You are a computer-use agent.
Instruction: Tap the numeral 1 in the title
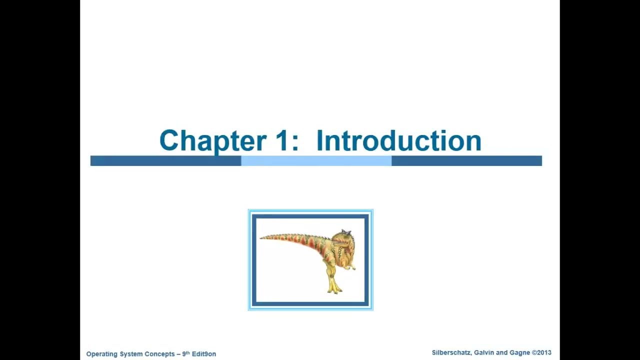click(x=281, y=141)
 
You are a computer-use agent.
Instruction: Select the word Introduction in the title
click(x=398, y=141)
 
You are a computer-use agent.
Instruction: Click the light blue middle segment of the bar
click(x=316, y=160)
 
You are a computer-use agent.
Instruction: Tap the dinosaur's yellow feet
click(x=334, y=288)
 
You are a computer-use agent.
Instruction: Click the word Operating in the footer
click(x=101, y=354)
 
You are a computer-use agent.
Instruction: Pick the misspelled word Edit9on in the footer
click(x=204, y=354)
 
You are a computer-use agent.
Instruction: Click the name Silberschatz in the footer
click(x=450, y=353)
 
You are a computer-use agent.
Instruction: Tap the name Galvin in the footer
click(x=483, y=353)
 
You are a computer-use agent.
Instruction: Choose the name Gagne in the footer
click(x=519, y=353)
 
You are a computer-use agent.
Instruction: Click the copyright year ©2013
click(x=541, y=353)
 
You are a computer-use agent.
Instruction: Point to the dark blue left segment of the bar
click(x=165, y=160)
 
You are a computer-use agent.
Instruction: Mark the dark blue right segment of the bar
click(x=466, y=160)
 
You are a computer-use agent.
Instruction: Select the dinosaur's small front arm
click(x=351, y=265)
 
